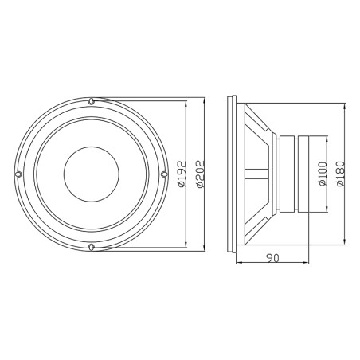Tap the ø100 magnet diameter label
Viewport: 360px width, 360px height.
click(x=322, y=174)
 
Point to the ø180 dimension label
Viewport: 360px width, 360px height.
click(x=341, y=174)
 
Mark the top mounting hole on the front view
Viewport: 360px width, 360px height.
click(x=92, y=101)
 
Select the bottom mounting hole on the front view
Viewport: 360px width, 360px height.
click(x=92, y=247)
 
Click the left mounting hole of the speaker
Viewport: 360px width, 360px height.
click(x=19, y=174)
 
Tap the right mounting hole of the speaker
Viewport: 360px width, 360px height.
click(x=164, y=174)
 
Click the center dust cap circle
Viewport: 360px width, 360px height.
click(x=92, y=174)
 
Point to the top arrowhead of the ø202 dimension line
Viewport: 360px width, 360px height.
click(x=205, y=100)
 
